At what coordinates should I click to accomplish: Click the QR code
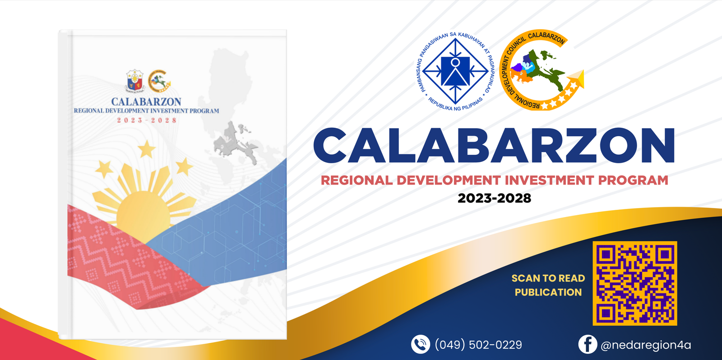[x=634, y=283]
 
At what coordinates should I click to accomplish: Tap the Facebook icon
[x=587, y=344]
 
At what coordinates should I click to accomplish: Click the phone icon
[x=420, y=344]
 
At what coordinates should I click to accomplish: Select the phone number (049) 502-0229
[x=478, y=345]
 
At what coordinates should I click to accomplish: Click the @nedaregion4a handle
[x=646, y=345]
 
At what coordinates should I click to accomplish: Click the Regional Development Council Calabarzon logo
[x=541, y=70]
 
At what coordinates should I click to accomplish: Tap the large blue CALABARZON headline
[x=494, y=145]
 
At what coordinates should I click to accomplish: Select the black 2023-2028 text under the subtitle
[x=494, y=198]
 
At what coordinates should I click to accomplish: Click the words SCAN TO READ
[x=548, y=278]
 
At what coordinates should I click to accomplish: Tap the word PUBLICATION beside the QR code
[x=548, y=292]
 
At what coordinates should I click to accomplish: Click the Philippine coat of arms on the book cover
[x=135, y=81]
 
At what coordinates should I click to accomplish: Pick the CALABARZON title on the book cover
[x=146, y=102]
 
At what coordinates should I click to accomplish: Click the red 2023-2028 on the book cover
[x=147, y=120]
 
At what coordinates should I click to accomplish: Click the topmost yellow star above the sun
[x=147, y=149]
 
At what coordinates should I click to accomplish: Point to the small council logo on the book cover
[x=159, y=81]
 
